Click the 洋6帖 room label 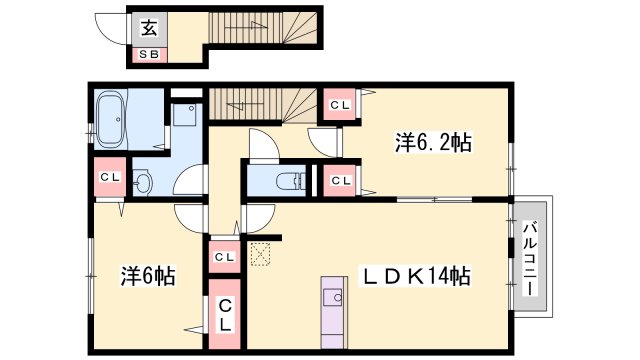pyautogui.click(x=149, y=274)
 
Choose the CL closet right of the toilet pyautogui.click(x=340, y=180)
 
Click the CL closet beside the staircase pyautogui.click(x=337, y=104)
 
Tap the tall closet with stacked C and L pyautogui.click(x=226, y=314)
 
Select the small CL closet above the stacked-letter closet pyautogui.click(x=224, y=257)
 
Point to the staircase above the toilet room pyautogui.click(x=260, y=105)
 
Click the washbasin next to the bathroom pyautogui.click(x=142, y=183)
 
